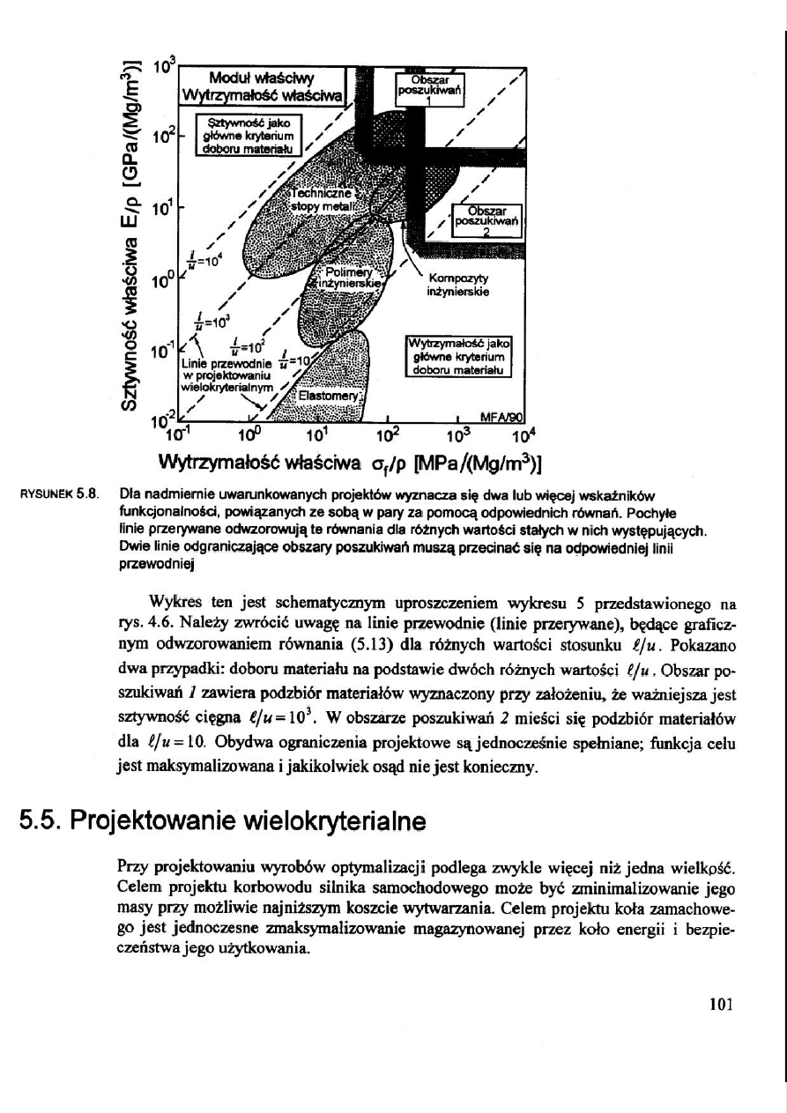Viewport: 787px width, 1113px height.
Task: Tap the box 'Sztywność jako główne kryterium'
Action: coord(249,135)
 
